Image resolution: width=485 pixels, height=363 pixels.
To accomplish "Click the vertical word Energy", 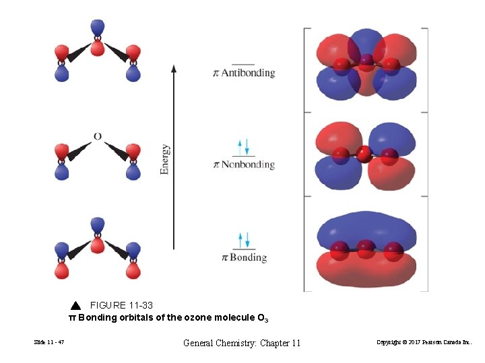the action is click(x=165, y=159).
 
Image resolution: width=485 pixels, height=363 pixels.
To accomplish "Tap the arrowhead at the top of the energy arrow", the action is click(x=174, y=68).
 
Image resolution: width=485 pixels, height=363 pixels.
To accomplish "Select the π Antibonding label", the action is click(x=244, y=73).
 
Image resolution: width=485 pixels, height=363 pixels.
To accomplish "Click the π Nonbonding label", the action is click(x=244, y=164).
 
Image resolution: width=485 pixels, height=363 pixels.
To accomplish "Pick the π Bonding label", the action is click(x=244, y=257).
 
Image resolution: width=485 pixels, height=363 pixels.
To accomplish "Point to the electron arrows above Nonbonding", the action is click(x=244, y=146).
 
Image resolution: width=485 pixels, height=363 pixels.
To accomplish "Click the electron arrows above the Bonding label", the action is click(x=244, y=239).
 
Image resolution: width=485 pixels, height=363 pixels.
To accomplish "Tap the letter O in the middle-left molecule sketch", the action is click(x=98, y=136).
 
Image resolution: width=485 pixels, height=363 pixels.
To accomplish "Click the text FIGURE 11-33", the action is click(x=122, y=305).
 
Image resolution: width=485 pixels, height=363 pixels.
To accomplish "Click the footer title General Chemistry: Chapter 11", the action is click(x=242, y=344).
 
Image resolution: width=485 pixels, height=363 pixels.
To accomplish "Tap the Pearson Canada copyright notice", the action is click(x=429, y=344).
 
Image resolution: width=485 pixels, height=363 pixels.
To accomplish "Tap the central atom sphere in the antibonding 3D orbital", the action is click(x=366, y=63).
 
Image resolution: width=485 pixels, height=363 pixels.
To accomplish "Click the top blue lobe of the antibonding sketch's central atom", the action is click(x=98, y=27).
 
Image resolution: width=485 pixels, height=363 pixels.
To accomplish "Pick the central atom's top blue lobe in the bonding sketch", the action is click(x=98, y=224).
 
